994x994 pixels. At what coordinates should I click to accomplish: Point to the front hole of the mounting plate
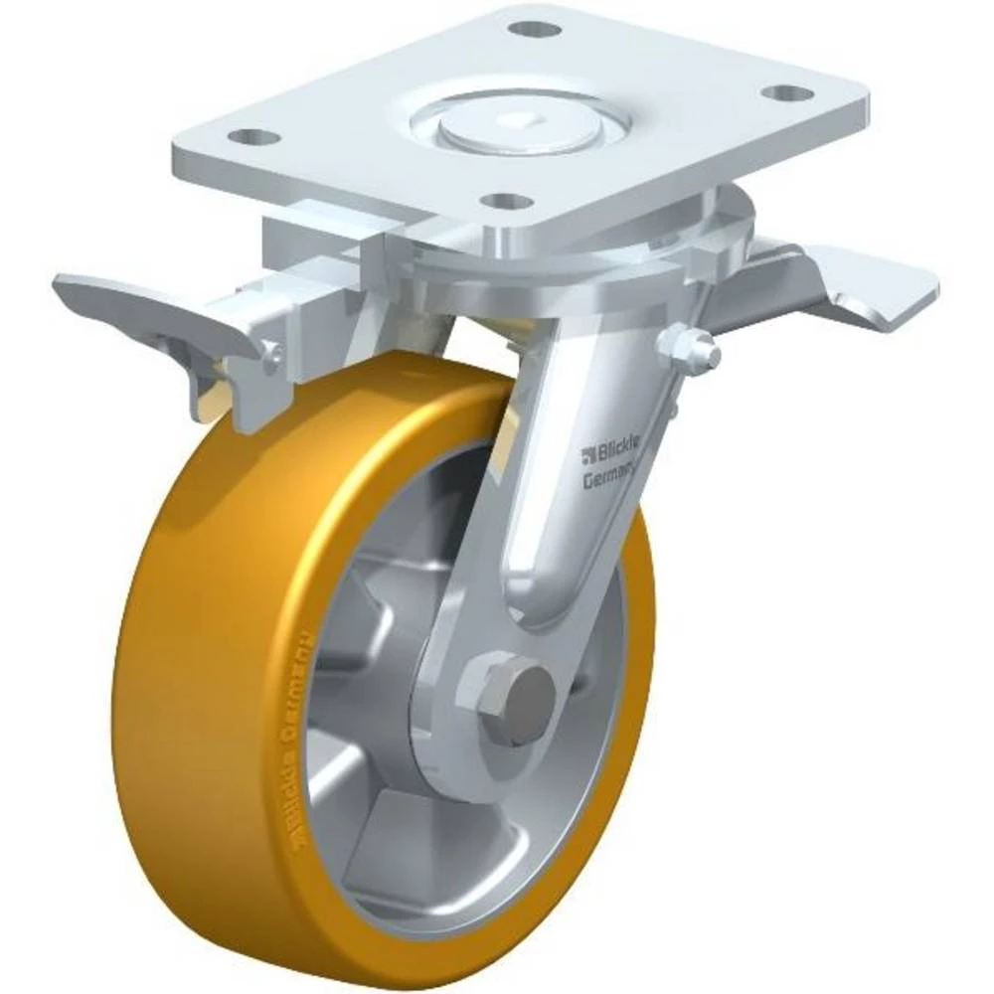[x=510, y=202]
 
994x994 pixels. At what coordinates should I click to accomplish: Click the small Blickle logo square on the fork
[x=588, y=456]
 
